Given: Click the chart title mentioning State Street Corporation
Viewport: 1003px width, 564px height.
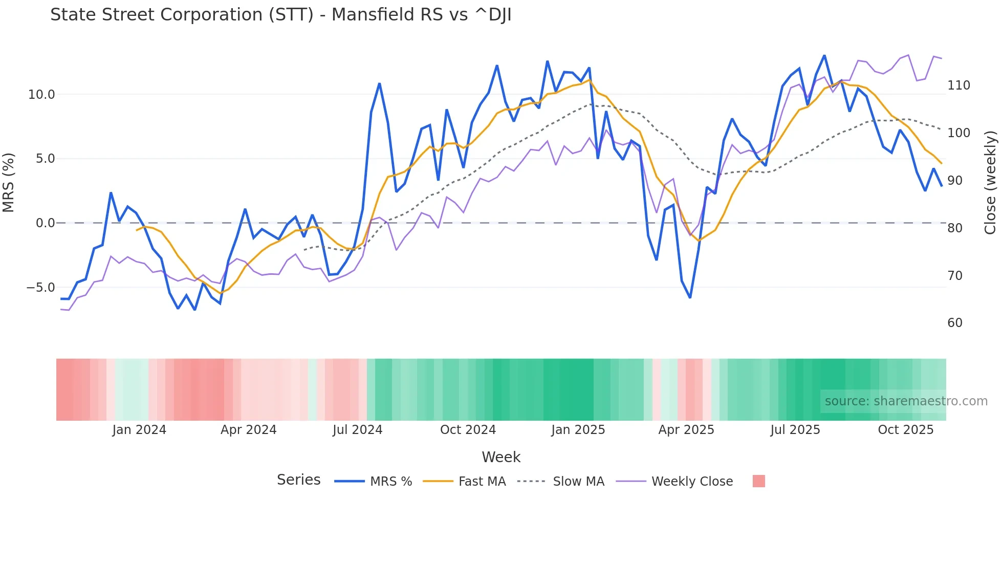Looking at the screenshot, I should tap(280, 15).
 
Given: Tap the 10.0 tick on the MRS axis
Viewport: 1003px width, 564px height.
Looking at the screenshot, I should tap(41, 95).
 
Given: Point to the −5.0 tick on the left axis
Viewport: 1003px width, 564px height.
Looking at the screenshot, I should tap(40, 288).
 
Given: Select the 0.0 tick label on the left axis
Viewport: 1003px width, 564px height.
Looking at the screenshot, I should tap(45, 223).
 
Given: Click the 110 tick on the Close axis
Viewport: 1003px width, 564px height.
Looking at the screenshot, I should tap(958, 85).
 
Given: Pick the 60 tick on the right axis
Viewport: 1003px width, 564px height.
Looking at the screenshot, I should tap(955, 323).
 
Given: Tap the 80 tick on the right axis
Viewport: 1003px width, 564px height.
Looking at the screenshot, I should tap(955, 228).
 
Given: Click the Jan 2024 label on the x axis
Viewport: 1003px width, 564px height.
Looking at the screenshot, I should tap(139, 430).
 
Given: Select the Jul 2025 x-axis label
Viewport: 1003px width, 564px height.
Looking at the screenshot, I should tap(795, 430).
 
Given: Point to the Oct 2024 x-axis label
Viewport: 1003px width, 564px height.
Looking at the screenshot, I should tap(468, 430).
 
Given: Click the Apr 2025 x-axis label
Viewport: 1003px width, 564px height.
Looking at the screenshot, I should tap(686, 430).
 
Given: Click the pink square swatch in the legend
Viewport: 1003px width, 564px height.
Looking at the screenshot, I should tap(758, 481).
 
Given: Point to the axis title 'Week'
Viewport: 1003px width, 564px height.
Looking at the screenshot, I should tap(501, 457).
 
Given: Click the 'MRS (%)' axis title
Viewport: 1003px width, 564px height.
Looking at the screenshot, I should tap(8, 183).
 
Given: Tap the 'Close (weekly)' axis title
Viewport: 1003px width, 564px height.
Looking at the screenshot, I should tap(990, 183).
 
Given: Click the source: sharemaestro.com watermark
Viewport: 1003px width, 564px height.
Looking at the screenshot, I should tap(906, 401).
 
